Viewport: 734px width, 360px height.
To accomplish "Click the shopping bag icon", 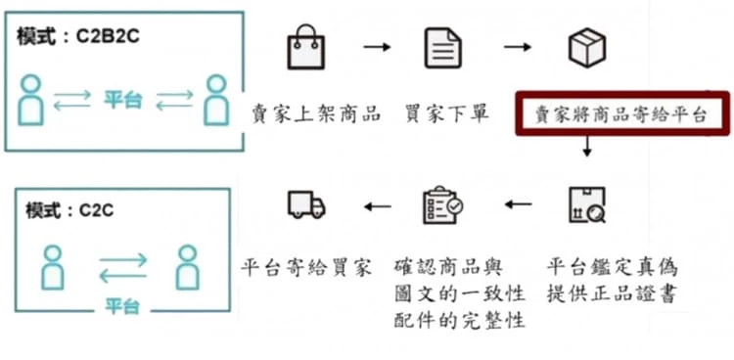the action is pos(305,47).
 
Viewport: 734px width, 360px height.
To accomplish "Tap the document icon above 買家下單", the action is pos(442,48).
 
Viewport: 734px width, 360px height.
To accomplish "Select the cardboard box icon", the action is pos(587,47).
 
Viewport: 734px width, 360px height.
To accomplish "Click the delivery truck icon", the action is pos(306,204).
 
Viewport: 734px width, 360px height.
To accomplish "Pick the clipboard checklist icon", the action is pos(442,204).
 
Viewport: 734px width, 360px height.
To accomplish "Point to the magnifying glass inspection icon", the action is pos(587,204).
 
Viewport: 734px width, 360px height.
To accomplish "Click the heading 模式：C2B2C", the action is pos(78,36).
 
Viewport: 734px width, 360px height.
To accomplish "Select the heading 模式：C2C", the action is pos(69,210).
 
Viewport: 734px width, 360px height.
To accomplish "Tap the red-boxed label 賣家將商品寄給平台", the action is pos(622,114).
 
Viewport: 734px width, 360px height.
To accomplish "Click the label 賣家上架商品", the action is pos(316,114).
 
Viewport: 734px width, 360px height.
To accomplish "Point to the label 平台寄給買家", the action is pos(306,268).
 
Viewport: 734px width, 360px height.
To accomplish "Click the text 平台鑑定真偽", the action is pos(613,268).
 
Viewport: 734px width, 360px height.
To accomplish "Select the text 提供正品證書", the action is pos(612,294).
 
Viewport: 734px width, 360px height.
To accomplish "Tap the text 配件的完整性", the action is pos(459,321).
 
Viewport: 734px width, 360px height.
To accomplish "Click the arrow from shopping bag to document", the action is pos(377,47).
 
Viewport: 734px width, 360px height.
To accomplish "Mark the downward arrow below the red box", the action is pos(587,146).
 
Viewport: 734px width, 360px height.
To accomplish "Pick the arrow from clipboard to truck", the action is pos(378,206).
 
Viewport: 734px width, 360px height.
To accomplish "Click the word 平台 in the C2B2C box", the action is pos(122,100).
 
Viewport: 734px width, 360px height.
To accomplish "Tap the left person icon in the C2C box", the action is pos(52,267).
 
